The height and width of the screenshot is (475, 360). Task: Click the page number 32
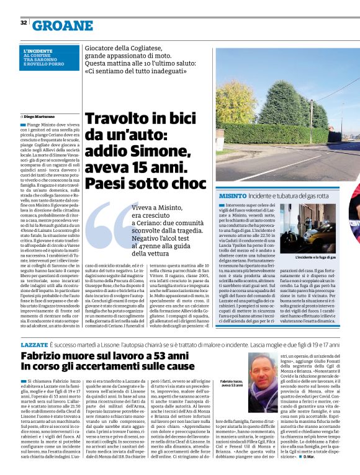[23, 22]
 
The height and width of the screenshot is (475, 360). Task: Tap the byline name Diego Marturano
[40, 116]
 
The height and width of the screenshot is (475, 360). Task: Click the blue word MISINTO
[233, 195]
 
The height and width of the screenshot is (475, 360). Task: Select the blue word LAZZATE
[34, 344]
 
